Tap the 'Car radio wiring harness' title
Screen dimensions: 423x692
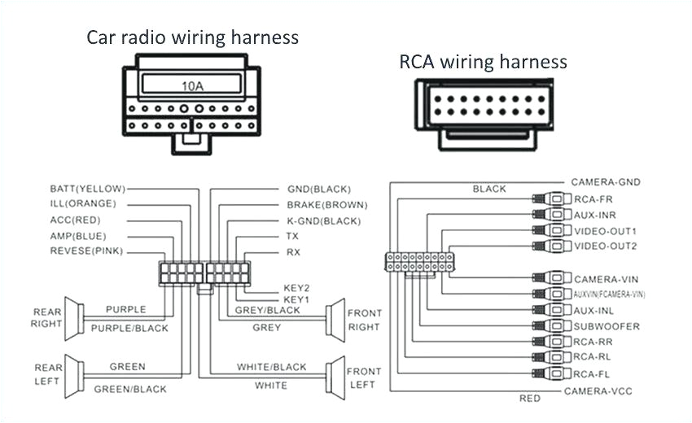[193, 37]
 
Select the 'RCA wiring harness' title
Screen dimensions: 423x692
[483, 62]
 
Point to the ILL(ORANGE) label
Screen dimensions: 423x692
[83, 203]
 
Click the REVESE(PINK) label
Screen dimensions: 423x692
[86, 251]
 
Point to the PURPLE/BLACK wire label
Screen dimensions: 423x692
[129, 329]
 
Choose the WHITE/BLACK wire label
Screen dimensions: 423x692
[272, 368]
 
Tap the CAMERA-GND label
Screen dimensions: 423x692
[604, 182]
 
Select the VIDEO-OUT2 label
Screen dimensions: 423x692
[606, 246]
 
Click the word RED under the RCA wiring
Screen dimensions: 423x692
[529, 399]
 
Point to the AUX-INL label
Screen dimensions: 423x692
[594, 311]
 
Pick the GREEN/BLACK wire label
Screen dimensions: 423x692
[130, 389]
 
